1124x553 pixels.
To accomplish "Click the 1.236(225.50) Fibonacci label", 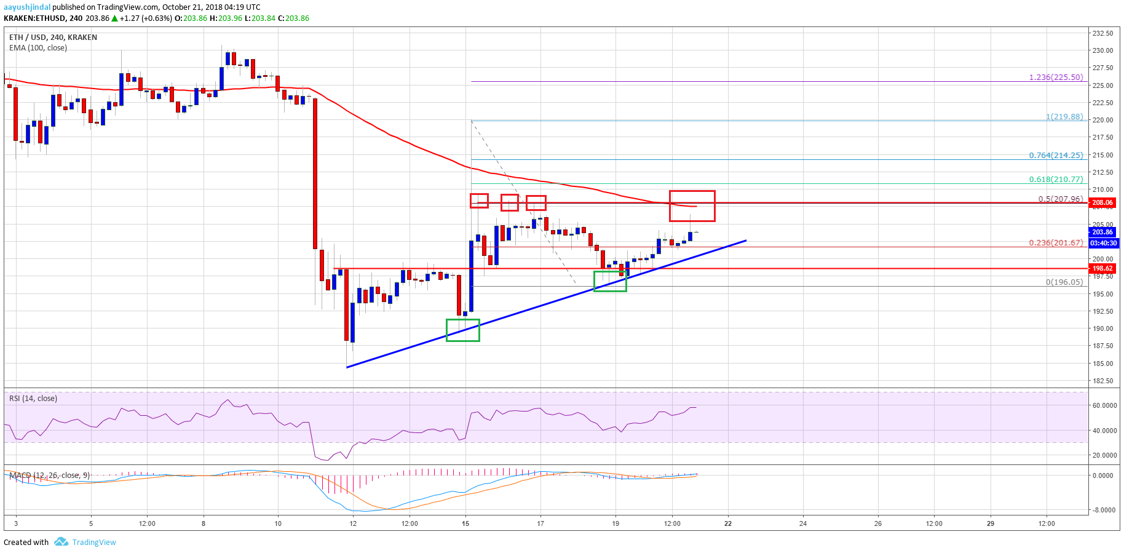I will pyautogui.click(x=1056, y=78).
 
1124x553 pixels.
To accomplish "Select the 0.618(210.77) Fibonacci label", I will pyautogui.click(x=1056, y=180).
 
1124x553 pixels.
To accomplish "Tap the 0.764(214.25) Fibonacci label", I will pyautogui.click(x=1056, y=156).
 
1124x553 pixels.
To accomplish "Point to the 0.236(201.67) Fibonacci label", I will pyautogui.click(x=1056, y=243).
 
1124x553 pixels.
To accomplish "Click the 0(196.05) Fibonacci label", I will pyautogui.click(x=1064, y=282).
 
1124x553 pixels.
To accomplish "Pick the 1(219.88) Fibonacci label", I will pyautogui.click(x=1064, y=117).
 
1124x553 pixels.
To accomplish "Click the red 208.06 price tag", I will pyautogui.click(x=1102, y=202).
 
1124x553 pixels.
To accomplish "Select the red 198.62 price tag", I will pyautogui.click(x=1102, y=268).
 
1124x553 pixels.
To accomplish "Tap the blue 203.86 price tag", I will pyautogui.click(x=1102, y=232).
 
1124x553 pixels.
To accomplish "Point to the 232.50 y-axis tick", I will pyautogui.click(x=1102, y=33).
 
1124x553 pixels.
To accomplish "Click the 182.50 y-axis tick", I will pyautogui.click(x=1102, y=381).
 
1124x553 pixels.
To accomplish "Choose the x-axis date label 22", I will pyautogui.click(x=728, y=523).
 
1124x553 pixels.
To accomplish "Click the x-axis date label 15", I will pyautogui.click(x=465, y=523).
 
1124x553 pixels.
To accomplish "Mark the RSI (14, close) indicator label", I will pyautogui.click(x=33, y=399).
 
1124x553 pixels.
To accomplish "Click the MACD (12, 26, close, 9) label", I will pyautogui.click(x=49, y=475).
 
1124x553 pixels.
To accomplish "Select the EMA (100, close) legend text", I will pyautogui.click(x=38, y=48).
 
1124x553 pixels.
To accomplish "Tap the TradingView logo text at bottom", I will pyautogui.click(x=93, y=543).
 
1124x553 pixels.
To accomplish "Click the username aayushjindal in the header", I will pyautogui.click(x=27, y=7).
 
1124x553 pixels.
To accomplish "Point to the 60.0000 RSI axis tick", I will pyautogui.click(x=1104, y=406).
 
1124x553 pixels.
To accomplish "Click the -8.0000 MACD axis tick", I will pyautogui.click(x=1104, y=510).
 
